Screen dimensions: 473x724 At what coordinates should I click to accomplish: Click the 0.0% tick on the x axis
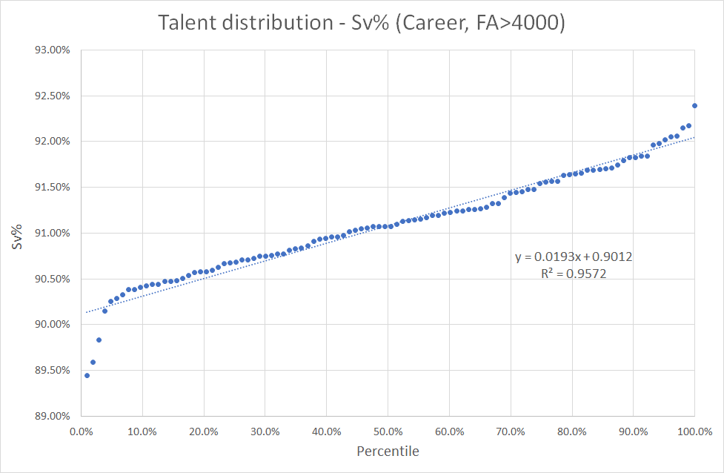(x=81, y=430)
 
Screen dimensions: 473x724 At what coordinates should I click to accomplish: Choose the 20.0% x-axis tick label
(x=203, y=430)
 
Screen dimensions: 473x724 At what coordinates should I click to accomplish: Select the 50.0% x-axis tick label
(x=388, y=430)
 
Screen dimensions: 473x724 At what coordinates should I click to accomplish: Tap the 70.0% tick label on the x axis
(x=511, y=430)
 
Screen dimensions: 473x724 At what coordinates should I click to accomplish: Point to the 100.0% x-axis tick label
(x=694, y=430)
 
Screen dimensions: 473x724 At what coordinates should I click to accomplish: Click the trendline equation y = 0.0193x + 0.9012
(x=574, y=257)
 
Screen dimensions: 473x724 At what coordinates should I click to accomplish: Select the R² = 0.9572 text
(x=574, y=273)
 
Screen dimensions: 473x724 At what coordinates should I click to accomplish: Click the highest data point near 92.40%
(x=694, y=105)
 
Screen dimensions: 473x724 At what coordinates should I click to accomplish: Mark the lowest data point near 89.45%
(x=87, y=375)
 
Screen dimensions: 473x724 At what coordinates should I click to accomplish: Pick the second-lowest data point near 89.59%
(x=93, y=362)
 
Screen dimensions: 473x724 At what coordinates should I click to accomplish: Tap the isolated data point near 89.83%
(x=99, y=340)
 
